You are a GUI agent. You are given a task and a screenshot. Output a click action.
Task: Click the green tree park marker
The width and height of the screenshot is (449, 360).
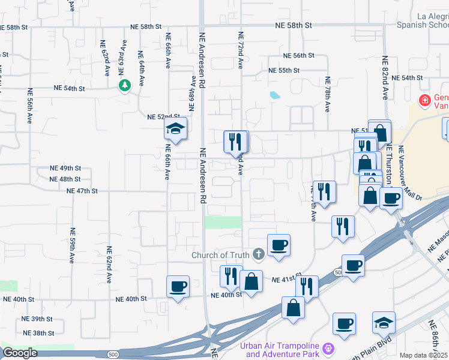point(125,86)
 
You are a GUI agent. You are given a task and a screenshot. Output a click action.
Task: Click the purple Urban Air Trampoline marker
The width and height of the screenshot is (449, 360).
point(328,348)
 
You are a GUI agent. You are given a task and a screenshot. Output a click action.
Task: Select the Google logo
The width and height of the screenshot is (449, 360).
point(20,353)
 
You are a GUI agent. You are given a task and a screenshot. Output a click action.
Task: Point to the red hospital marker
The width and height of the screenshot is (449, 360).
point(424,100)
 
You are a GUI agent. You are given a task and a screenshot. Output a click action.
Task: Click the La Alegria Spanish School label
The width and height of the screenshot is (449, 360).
point(423,21)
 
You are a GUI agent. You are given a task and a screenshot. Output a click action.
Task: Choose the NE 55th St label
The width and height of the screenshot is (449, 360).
point(284,70)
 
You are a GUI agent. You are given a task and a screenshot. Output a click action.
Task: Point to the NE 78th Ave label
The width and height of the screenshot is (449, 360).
point(328,94)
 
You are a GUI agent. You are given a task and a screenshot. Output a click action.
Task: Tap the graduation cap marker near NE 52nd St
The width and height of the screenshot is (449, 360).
point(176,129)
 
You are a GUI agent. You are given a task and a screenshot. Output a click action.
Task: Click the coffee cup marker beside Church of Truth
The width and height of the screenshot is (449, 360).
point(279,245)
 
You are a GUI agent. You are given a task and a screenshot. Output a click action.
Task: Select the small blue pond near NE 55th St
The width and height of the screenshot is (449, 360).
point(275,95)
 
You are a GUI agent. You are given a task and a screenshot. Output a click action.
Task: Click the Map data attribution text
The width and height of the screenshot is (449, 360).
point(423,355)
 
